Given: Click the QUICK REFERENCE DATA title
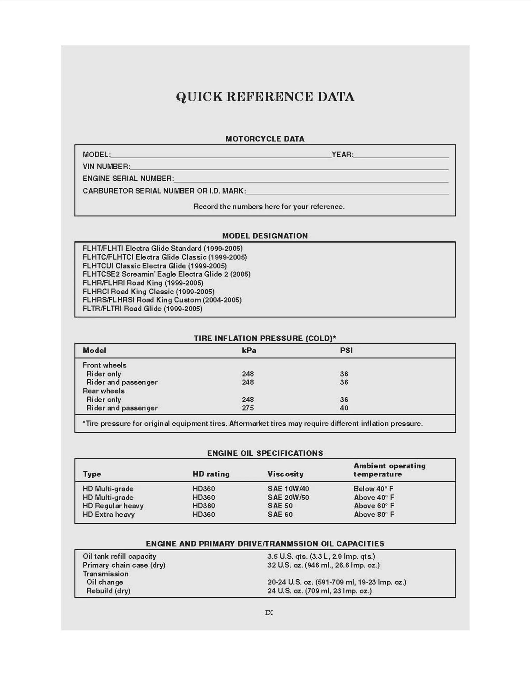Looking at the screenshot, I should coord(265,97).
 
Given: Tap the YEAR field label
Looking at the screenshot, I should coord(342,155).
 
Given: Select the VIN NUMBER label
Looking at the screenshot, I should coord(106,166).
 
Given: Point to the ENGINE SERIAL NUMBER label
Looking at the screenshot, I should coord(128,178).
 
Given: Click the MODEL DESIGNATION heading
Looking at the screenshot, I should coord(265,236).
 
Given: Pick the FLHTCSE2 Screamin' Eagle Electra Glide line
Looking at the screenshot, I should coord(166,274).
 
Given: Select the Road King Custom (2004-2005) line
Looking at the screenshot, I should coord(162,300).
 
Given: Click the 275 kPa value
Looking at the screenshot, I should coord(248,408).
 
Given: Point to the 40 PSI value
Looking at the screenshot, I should coord(344,408).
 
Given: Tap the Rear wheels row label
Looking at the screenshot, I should coord(103,391).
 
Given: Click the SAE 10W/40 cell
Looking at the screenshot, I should coord(288,488).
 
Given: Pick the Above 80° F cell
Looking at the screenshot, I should coord(374,514).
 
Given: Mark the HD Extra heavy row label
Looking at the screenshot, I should coord(109,514).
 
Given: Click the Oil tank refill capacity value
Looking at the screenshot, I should coord(321,556).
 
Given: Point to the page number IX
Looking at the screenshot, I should coord(269,612).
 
